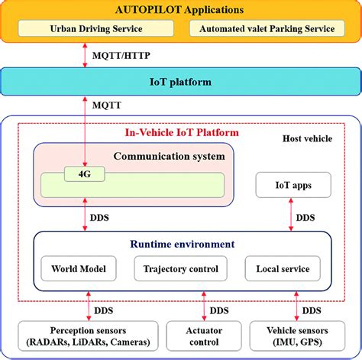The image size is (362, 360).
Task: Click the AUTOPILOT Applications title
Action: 180,11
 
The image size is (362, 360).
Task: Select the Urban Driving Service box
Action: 100,29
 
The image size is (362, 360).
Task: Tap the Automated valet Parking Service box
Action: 267,29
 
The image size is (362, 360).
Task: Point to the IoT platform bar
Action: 180,82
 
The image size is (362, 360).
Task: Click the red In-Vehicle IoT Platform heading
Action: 181,132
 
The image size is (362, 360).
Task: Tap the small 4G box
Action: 84,174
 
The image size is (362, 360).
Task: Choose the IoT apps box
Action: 293,185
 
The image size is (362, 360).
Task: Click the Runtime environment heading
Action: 181,245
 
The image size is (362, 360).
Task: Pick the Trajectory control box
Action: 181,269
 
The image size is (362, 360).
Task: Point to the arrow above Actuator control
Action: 204,309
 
